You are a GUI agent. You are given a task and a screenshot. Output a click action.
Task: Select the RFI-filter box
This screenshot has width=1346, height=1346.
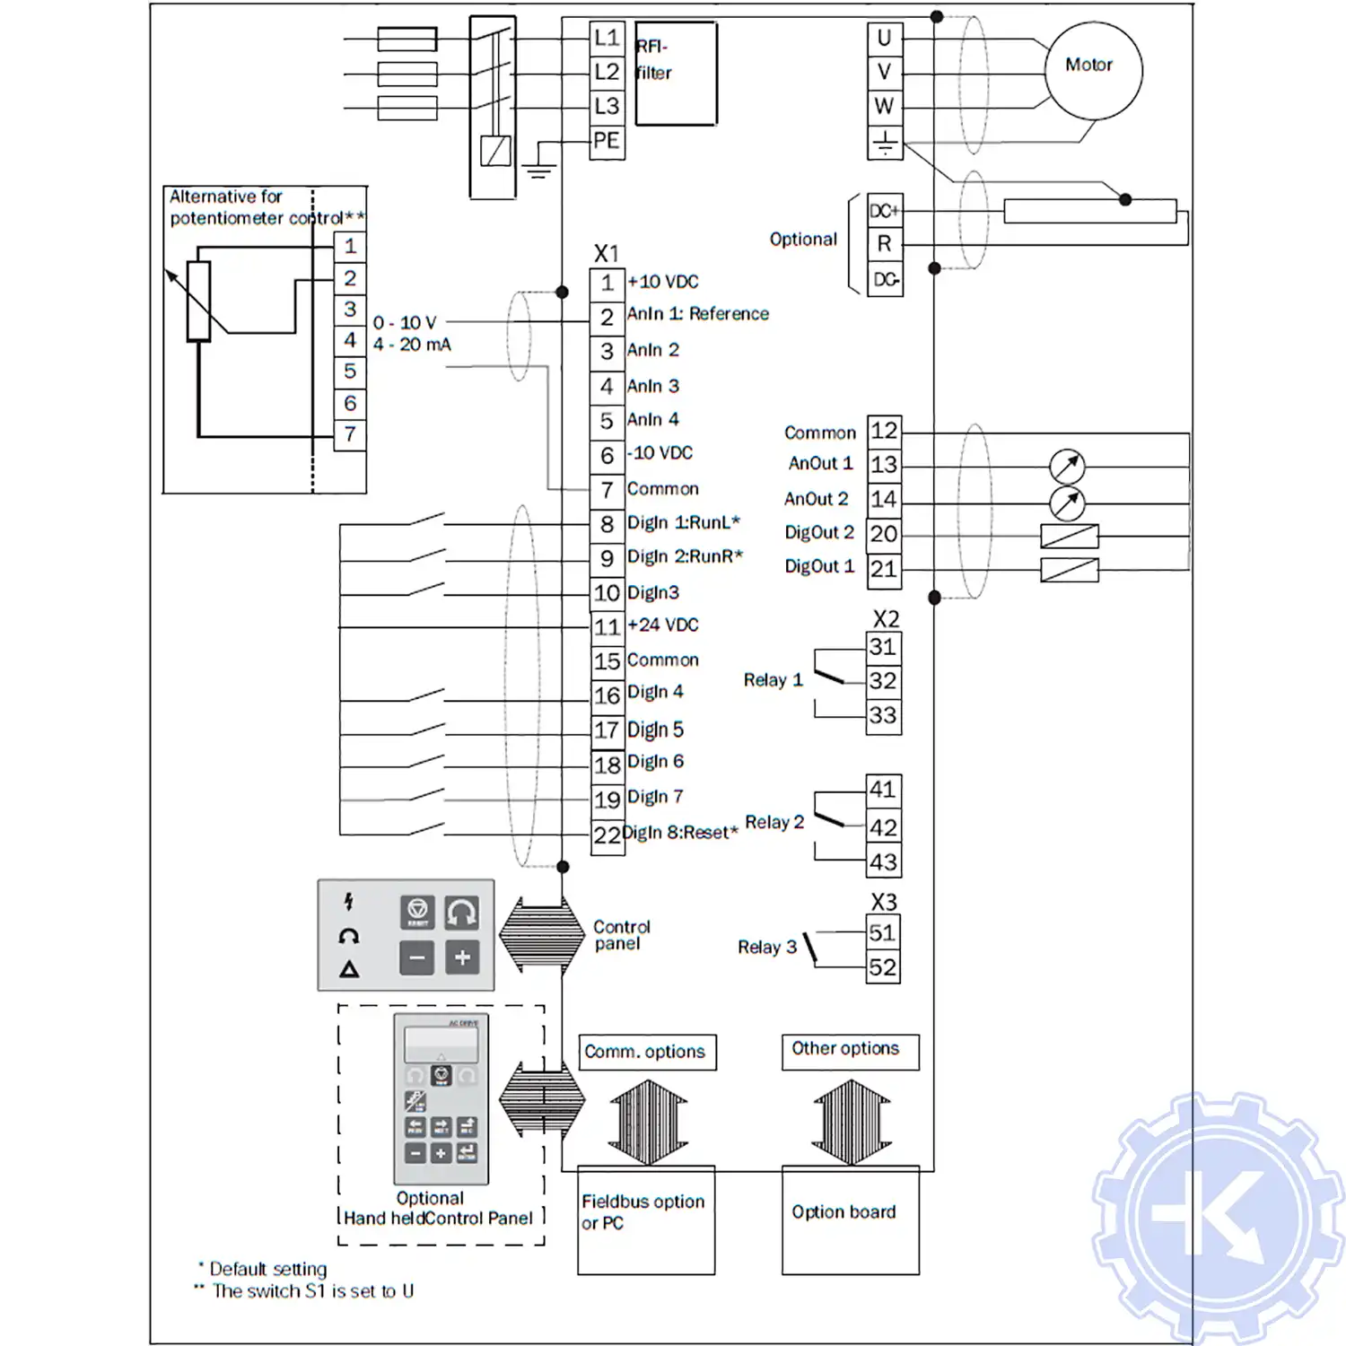[676, 74]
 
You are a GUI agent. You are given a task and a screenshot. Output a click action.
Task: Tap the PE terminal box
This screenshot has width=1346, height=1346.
[607, 142]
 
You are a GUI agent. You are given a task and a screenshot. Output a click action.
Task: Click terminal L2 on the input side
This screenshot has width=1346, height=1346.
[607, 73]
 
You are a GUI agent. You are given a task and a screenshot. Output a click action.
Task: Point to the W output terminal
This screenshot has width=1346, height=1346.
[884, 107]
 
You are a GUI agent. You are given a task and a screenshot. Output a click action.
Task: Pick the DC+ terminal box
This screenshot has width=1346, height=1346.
[884, 211]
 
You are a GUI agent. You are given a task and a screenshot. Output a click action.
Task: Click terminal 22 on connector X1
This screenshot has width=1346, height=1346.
[607, 835]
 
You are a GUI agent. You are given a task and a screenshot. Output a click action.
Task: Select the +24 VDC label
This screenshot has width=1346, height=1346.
[663, 625]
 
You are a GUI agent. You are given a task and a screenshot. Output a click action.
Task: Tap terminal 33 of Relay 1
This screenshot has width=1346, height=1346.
[883, 716]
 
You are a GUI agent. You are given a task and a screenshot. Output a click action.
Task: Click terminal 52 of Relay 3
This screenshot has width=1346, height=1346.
[882, 967]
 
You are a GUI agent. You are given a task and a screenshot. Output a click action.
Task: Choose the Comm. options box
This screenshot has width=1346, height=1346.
[646, 1052]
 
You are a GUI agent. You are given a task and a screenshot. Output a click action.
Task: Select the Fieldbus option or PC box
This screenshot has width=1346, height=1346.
[646, 1220]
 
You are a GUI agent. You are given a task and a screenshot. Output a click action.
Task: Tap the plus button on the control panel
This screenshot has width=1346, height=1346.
[462, 957]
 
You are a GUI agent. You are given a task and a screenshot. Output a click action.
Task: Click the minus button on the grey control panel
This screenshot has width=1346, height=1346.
[417, 957]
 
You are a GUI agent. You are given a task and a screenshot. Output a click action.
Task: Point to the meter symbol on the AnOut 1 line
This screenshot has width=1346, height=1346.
[1067, 467]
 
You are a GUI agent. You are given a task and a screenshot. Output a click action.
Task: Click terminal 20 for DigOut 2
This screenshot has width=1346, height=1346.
[884, 534]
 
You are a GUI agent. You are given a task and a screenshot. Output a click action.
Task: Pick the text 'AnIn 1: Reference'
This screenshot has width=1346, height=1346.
[697, 314]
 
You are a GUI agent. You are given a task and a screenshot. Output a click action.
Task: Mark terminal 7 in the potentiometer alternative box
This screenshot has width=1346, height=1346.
[350, 435]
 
